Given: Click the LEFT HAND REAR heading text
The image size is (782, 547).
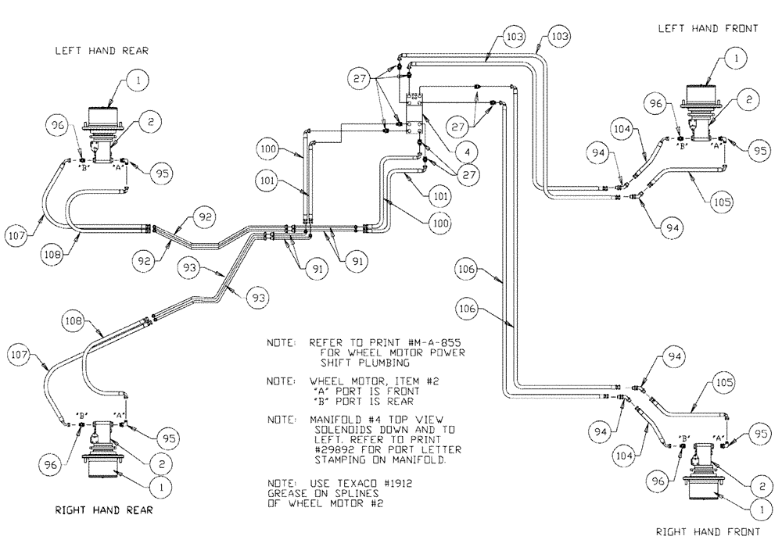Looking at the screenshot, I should (x=101, y=52).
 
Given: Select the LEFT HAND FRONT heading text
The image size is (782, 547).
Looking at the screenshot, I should (x=708, y=29).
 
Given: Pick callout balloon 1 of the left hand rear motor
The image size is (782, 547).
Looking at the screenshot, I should (x=138, y=79).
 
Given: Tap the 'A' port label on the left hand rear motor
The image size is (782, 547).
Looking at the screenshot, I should (x=119, y=166).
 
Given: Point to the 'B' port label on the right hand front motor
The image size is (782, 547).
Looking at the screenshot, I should (x=685, y=438).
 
